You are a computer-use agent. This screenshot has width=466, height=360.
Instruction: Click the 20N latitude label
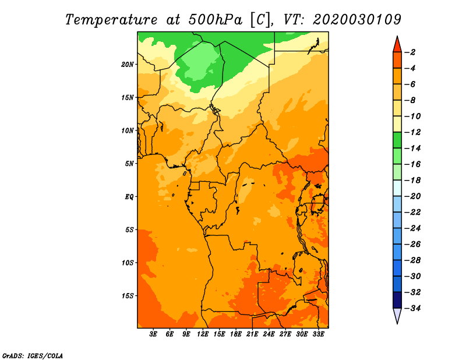tap(128, 65)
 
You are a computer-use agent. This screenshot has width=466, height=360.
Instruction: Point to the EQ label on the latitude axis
tap(129, 197)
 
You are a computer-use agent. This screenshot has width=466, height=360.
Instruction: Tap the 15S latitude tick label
tap(128, 296)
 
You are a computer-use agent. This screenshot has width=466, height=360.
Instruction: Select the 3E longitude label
tap(153, 334)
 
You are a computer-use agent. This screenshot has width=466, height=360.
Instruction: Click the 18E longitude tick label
tap(236, 334)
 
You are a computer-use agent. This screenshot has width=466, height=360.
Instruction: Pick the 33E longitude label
tap(318, 334)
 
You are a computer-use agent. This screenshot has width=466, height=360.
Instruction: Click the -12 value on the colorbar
tap(413, 132)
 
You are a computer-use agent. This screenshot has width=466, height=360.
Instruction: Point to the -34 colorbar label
tap(413, 308)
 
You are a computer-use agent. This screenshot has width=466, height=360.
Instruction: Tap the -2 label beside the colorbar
tap(410, 52)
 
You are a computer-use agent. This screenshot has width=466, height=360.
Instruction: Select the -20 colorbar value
tap(413, 196)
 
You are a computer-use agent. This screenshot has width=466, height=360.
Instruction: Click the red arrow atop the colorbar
tap(397, 45)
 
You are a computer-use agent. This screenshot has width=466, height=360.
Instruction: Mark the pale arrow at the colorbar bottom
tap(397, 316)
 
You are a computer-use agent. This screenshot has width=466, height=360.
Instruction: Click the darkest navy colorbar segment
tap(397, 300)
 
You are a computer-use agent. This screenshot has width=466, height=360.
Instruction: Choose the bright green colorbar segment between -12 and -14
tap(397, 140)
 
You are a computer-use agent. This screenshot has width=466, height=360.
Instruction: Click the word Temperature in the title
tap(111, 20)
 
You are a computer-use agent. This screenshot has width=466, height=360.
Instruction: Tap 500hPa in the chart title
tap(216, 20)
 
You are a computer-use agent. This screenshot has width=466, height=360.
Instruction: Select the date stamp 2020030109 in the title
tap(357, 20)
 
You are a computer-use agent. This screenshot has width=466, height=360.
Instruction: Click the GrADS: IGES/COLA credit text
tap(33, 356)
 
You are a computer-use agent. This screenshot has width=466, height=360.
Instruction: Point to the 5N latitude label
tap(129, 164)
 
